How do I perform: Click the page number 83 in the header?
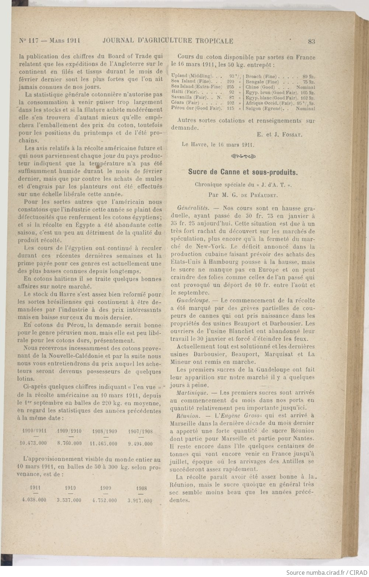311,41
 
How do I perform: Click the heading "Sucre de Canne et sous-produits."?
243,172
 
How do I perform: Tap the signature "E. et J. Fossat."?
279,135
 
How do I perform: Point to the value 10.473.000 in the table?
33,444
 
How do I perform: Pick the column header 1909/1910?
69,431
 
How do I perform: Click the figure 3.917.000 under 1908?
140,500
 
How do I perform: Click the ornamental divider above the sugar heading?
243,156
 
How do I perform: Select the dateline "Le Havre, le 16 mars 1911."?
218,144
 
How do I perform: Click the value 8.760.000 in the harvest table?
69,444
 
